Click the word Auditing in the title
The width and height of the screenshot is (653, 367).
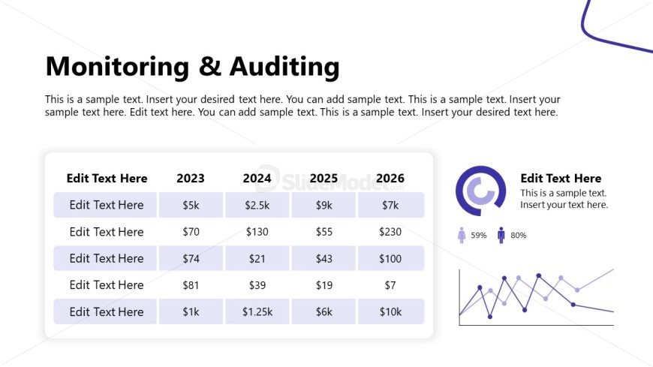click(284, 67)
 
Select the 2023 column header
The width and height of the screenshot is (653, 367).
click(190, 178)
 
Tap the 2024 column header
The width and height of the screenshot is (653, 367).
click(257, 178)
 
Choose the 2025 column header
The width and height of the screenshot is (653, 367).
click(323, 178)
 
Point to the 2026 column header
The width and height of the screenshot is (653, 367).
click(390, 178)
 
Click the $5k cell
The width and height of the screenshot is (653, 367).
click(191, 205)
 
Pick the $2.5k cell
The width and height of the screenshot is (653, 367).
click(257, 205)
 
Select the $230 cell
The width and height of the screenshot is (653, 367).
click(390, 232)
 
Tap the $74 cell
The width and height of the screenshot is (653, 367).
click(191, 258)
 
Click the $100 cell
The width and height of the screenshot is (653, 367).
click(390, 258)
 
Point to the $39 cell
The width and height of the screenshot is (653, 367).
click(257, 285)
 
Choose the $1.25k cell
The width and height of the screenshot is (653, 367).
click(257, 311)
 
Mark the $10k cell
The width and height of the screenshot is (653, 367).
click(390, 311)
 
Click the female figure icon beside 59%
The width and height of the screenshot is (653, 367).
click(462, 236)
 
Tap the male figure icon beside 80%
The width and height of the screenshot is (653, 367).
click(501, 236)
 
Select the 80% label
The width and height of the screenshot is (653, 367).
click(519, 236)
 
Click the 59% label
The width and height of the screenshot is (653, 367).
click(479, 236)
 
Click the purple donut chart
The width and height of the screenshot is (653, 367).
click(480, 191)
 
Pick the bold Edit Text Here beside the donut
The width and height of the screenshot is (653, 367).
click(561, 179)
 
